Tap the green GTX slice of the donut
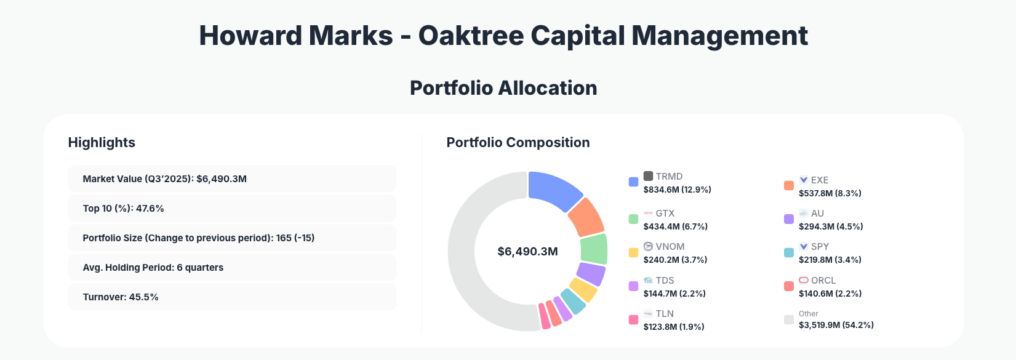click(594, 249)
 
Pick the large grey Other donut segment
click(471, 258)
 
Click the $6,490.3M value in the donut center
click(527, 252)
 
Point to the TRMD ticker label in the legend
click(669, 176)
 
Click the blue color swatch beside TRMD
click(633, 182)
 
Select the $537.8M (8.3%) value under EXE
click(830, 193)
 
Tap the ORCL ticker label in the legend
click(823, 280)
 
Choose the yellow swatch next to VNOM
click(633, 252)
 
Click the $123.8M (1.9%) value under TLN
click(674, 327)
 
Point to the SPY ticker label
click(820, 246)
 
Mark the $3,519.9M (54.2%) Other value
click(836, 325)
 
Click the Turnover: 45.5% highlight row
click(232, 297)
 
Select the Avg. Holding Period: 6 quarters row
click(232, 268)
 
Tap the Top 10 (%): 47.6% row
click(232, 209)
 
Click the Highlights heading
click(102, 143)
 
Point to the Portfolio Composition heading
click(518, 143)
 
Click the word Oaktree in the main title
click(471, 36)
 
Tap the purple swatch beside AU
click(788, 219)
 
